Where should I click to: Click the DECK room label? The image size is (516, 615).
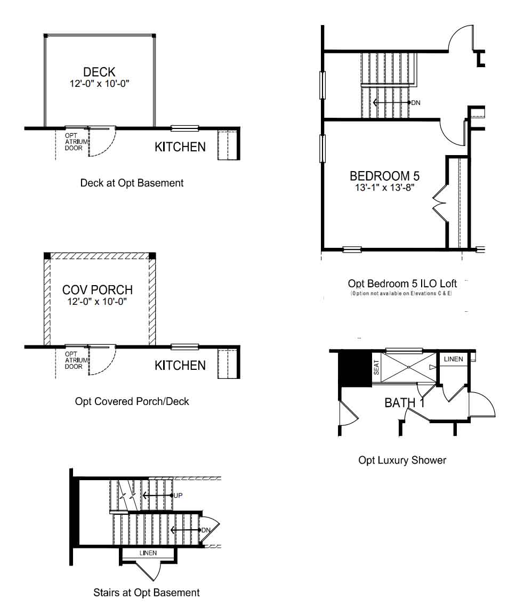[x=99, y=72]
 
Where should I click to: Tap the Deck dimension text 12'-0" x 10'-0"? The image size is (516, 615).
[x=99, y=84]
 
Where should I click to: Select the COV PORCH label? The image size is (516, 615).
[x=98, y=290]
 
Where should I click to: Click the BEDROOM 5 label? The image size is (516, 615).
[x=384, y=176]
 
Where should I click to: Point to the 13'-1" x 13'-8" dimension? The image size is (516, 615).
[x=384, y=188]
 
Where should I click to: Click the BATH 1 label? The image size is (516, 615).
[x=405, y=403]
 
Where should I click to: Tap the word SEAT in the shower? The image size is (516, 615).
[x=377, y=367]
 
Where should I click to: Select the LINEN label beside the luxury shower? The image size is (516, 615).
[x=453, y=359]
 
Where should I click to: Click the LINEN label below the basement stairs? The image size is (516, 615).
[x=148, y=553]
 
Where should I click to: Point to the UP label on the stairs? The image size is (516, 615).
[x=178, y=496]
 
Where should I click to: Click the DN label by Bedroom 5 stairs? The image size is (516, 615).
[x=416, y=103]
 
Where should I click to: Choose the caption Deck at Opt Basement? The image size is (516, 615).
[x=132, y=183]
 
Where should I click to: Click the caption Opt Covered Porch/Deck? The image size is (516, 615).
[x=132, y=402]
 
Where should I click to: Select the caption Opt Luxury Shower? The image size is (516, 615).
[x=402, y=460]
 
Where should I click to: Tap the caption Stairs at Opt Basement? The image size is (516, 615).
[x=147, y=592]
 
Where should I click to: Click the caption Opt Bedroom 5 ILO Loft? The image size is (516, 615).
[x=402, y=284]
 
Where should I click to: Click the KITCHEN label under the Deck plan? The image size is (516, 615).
[x=180, y=147]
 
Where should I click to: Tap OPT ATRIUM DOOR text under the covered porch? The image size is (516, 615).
[x=76, y=360]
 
